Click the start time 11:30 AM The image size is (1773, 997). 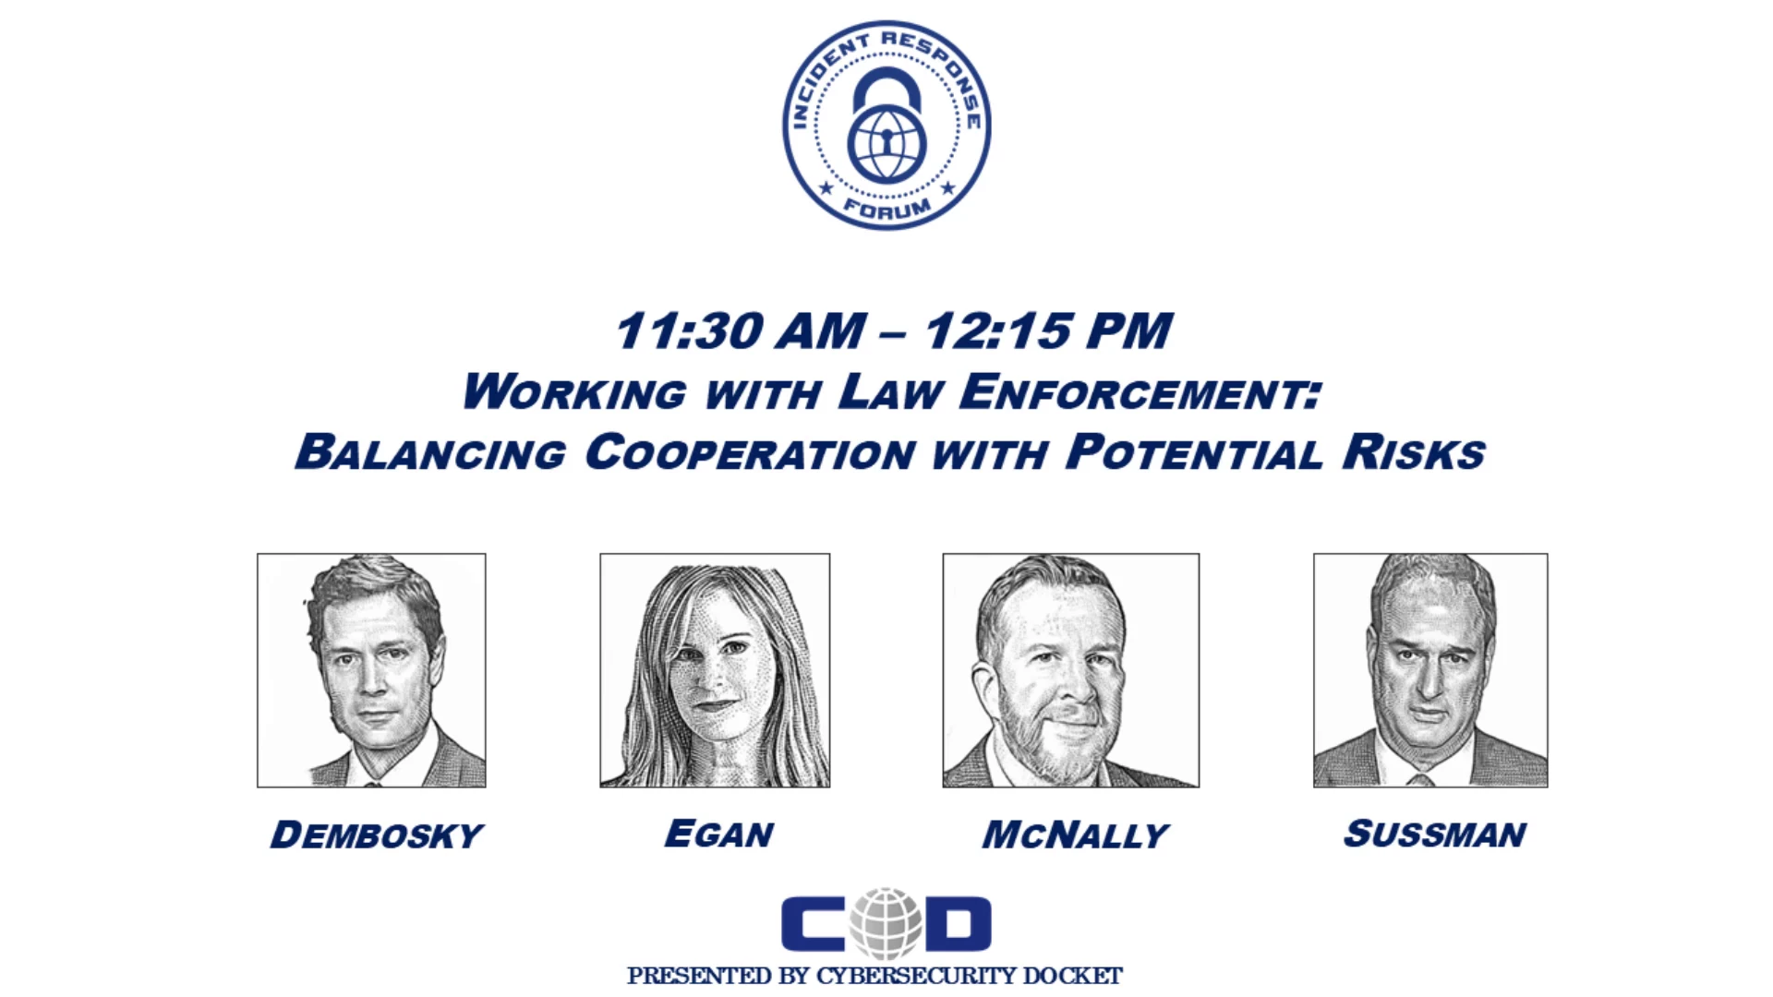[x=741, y=330]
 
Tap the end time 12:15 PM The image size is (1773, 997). [x=1049, y=330]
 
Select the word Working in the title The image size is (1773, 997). [x=574, y=391]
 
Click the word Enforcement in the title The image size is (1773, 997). [x=1141, y=391]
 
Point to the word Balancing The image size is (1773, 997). [x=430, y=452]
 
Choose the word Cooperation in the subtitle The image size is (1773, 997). [x=751, y=452]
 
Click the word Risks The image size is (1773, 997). [x=1414, y=452]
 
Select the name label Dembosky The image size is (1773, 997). [x=376, y=835]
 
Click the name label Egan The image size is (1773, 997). [x=719, y=834]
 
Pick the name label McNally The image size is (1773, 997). [x=1075, y=835]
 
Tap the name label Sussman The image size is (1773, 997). [x=1434, y=834]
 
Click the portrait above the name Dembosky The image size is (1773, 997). [x=371, y=670]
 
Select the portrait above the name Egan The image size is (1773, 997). [x=715, y=670]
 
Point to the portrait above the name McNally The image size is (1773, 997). [x=1071, y=670]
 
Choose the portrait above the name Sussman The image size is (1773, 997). [x=1430, y=670]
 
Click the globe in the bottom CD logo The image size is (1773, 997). [x=886, y=922]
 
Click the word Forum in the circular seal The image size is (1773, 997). [x=886, y=209]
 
